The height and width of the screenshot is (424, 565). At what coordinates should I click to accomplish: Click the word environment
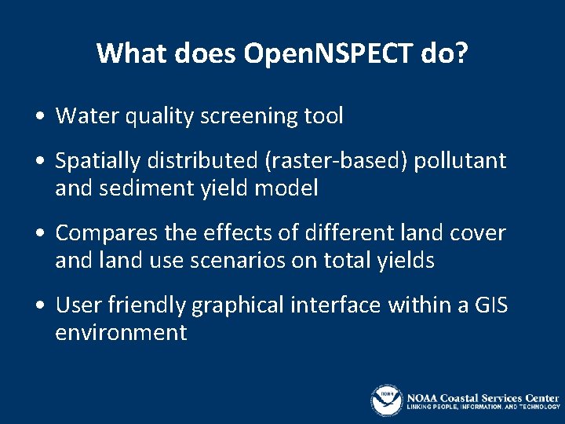121,332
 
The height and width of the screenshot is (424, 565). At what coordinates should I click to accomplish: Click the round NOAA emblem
386,400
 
